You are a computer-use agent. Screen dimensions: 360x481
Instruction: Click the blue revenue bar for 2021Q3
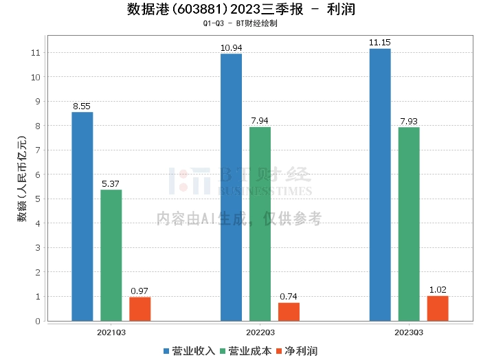pos(82,216)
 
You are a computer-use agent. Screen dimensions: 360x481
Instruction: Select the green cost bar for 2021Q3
pos(111,255)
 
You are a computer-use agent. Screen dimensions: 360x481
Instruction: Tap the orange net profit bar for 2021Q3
pos(140,308)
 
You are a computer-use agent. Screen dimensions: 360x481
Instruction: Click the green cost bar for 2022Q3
pos(260,224)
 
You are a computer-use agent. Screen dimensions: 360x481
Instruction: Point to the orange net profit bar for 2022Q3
pos(289,311)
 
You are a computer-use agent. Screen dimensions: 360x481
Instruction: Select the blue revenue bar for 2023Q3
pos(380,185)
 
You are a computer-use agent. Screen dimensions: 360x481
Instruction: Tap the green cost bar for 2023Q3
pos(409,224)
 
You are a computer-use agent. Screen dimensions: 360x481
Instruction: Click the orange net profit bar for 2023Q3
pos(438,308)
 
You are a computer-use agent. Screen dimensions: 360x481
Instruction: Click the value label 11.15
pos(380,43)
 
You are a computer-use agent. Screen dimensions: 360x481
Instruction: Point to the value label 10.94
pos(231,48)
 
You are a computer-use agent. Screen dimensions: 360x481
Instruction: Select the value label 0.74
pos(289,297)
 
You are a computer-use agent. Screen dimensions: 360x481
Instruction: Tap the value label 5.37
pos(111,183)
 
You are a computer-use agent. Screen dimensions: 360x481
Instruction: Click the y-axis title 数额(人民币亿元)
pos(22,180)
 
